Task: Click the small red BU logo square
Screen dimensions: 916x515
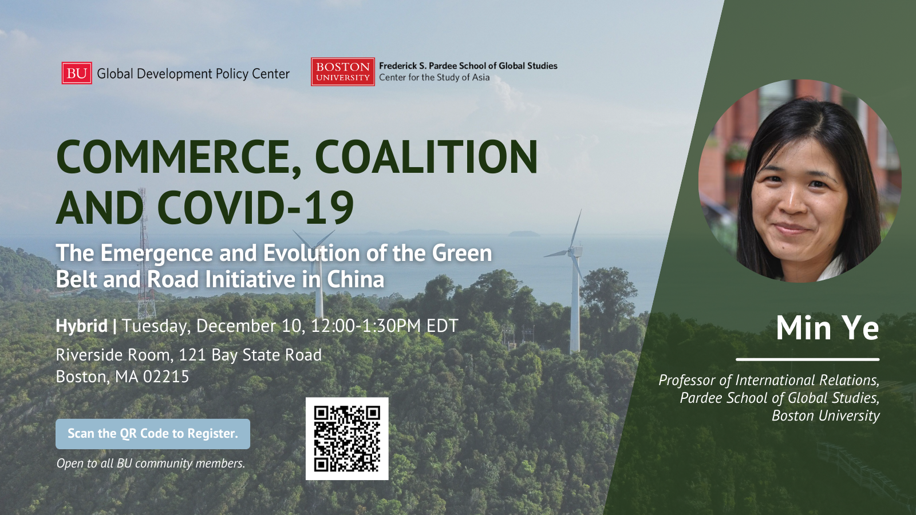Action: click(x=77, y=73)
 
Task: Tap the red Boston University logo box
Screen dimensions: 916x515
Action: click(x=343, y=72)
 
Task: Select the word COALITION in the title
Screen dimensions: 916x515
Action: click(x=426, y=157)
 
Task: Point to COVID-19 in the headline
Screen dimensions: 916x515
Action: click(x=255, y=207)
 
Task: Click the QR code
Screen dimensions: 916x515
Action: click(x=347, y=438)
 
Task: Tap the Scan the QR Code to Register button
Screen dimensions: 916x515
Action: click(x=153, y=434)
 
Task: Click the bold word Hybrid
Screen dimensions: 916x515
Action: click(x=82, y=326)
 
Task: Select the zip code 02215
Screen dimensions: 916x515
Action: click(x=165, y=377)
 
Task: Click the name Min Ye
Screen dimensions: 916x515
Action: click(x=827, y=327)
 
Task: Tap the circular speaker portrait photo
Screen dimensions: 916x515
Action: click(x=800, y=181)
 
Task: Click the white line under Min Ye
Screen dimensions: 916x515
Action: click(x=808, y=360)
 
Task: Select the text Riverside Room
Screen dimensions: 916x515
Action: click(x=112, y=355)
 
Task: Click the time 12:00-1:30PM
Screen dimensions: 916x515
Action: click(x=366, y=326)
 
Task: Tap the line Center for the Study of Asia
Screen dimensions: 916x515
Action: click(x=435, y=77)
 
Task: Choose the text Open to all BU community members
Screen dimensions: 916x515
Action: click(x=151, y=463)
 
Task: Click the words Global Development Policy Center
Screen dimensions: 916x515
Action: click(x=193, y=74)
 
